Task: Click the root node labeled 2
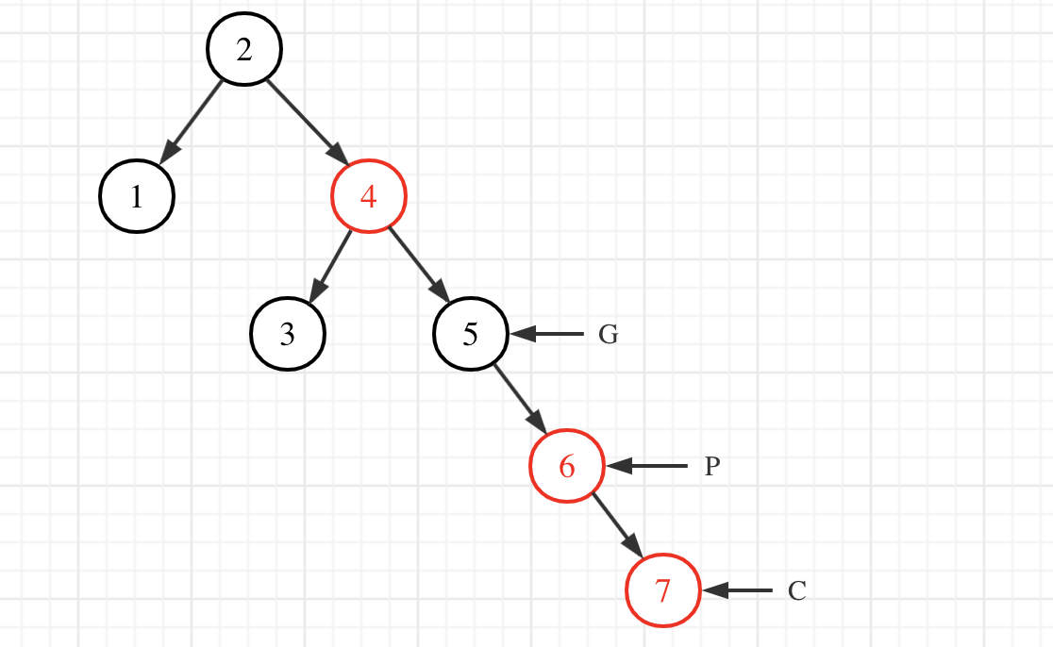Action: [244, 50]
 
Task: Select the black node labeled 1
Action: [137, 197]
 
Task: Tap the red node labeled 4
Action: [369, 196]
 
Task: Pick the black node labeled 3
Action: [288, 334]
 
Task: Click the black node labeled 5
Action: [471, 334]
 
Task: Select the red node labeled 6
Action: [567, 466]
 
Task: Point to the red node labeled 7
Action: [663, 590]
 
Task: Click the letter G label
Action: [609, 335]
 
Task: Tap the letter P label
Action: [712, 467]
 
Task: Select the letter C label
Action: [797, 591]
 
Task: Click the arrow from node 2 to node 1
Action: [192, 122]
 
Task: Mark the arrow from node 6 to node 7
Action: [617, 527]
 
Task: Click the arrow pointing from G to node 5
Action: [547, 334]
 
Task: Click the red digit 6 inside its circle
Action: [567, 466]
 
